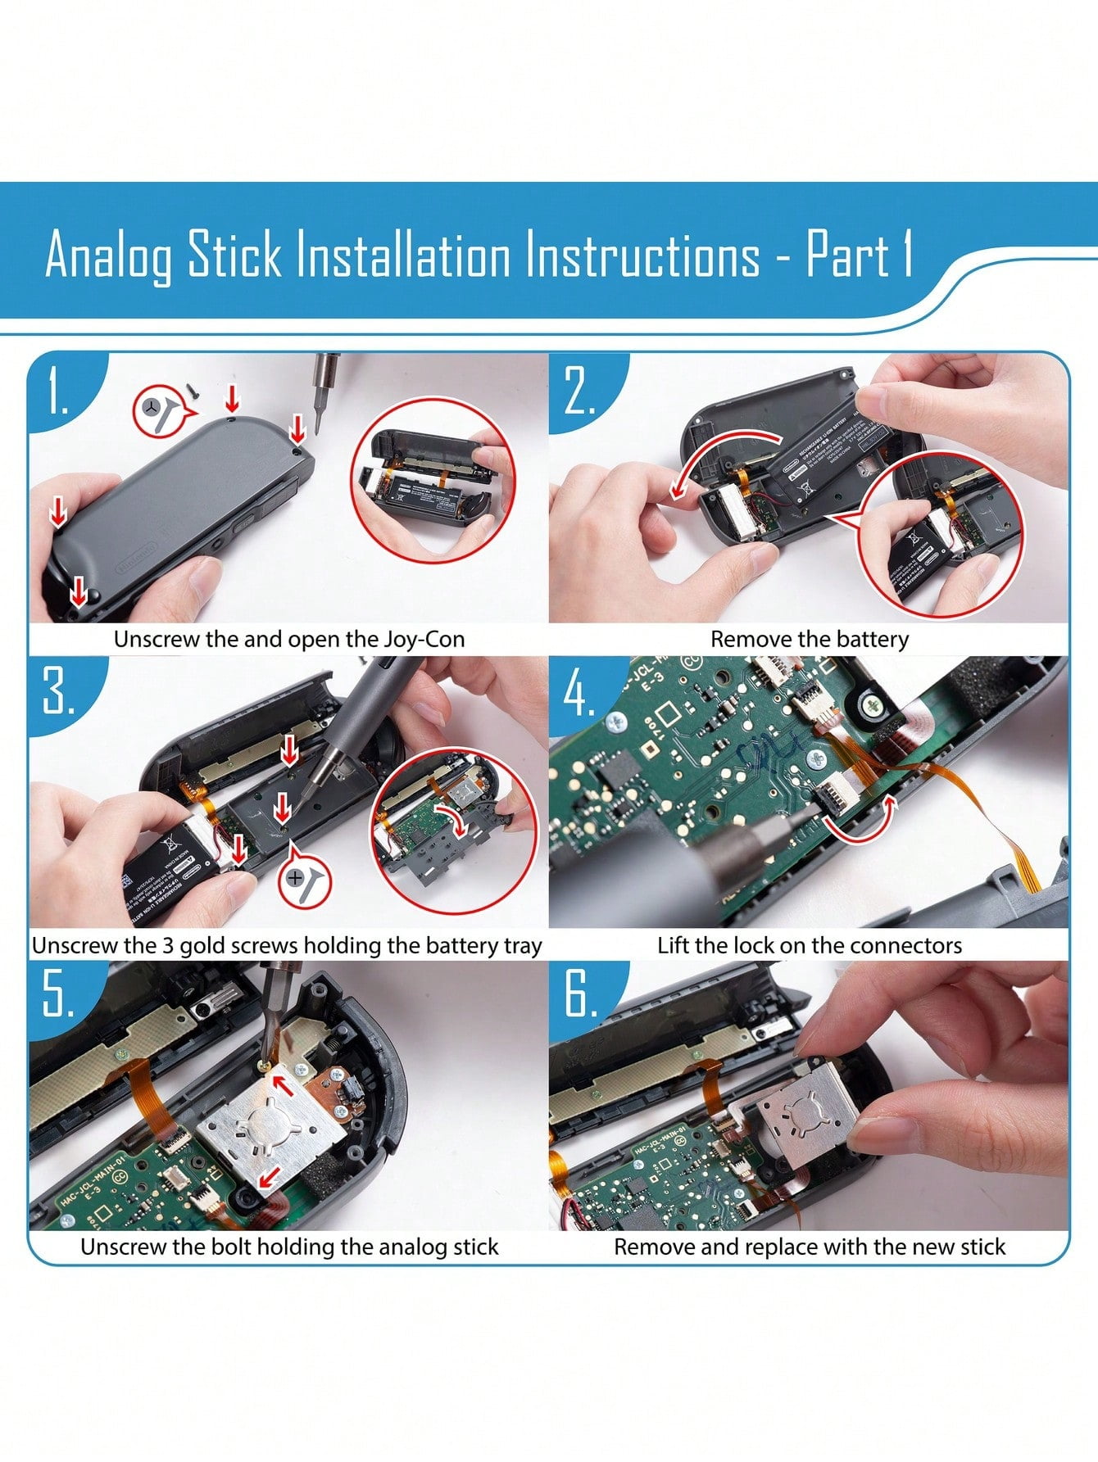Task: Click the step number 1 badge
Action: [x=57, y=391]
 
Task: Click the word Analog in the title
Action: [x=108, y=256]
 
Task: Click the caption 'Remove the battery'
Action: [x=809, y=639]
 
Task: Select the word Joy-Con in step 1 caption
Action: [x=424, y=639]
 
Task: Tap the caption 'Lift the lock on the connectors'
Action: [x=809, y=945]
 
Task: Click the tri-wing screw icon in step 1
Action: [x=160, y=409]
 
